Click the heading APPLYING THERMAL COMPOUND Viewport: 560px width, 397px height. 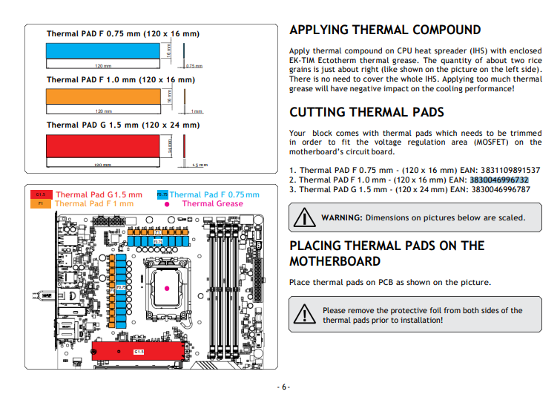click(385, 30)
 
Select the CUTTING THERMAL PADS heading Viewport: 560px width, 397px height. click(366, 113)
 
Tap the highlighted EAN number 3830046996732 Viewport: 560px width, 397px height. click(499, 180)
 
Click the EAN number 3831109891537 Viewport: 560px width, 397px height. click(499, 170)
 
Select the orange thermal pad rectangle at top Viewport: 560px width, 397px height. click(104, 96)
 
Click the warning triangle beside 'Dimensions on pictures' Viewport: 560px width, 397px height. click(304, 217)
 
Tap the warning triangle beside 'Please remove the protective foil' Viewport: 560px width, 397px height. click(304, 314)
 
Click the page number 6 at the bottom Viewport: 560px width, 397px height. click(283, 387)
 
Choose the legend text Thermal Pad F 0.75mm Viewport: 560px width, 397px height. click(214, 195)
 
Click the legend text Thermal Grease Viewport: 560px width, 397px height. click(212, 203)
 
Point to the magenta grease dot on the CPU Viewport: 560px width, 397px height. click(168, 286)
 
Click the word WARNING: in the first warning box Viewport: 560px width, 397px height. click(341, 217)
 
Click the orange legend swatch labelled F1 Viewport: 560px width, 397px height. click(41, 203)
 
